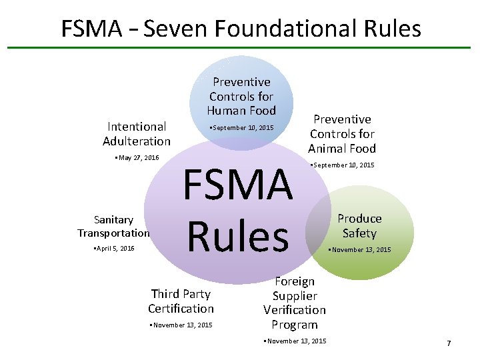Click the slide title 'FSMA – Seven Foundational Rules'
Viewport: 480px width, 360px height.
click(x=241, y=29)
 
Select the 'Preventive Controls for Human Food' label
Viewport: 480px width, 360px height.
click(x=241, y=96)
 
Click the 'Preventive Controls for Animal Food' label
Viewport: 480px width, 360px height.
click(x=342, y=134)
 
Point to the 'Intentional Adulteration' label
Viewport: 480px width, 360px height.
click(x=137, y=133)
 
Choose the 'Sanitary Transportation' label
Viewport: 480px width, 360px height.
click(x=113, y=226)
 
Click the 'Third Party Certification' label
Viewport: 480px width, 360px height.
click(x=181, y=301)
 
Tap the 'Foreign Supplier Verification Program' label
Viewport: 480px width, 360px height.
click(x=295, y=303)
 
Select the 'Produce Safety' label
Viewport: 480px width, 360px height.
click(x=359, y=226)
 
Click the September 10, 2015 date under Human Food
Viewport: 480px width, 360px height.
click(x=241, y=127)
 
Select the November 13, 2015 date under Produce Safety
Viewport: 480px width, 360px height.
click(x=360, y=250)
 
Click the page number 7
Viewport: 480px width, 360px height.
click(x=449, y=343)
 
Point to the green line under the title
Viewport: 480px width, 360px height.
click(x=240, y=47)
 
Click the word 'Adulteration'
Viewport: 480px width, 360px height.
click(x=137, y=141)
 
